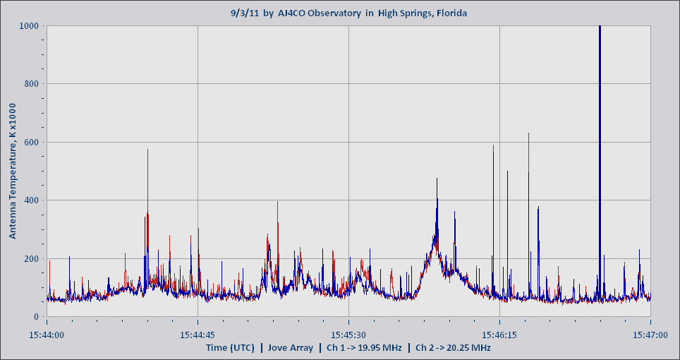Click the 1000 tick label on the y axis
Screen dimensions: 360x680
(x=30, y=26)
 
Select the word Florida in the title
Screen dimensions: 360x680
(x=449, y=13)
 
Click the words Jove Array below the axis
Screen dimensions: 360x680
(x=290, y=348)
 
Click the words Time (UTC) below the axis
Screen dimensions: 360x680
(x=230, y=348)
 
